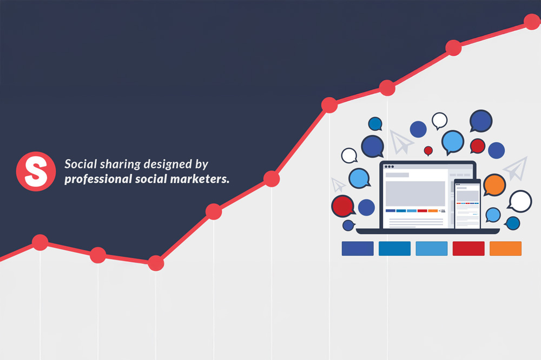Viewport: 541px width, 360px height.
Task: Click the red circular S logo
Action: (x=36, y=171)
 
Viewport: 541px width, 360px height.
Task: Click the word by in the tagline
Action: (x=201, y=165)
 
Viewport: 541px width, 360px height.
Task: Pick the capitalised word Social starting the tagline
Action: (x=81, y=164)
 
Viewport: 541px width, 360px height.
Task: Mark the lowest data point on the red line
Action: (x=156, y=263)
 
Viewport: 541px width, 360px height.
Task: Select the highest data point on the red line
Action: (x=532, y=22)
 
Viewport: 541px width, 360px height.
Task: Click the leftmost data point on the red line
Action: (x=40, y=242)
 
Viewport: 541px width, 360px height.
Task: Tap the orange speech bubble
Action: (x=494, y=185)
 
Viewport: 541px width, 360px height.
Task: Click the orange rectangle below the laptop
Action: (x=505, y=248)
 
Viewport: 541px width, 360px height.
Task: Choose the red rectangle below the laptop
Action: (x=469, y=248)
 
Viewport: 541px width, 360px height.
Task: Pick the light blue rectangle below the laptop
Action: (x=432, y=248)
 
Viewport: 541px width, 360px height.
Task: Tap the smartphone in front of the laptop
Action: (x=467, y=204)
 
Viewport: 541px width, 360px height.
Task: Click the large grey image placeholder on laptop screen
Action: (x=415, y=194)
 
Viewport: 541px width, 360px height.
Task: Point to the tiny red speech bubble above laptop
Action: (x=428, y=151)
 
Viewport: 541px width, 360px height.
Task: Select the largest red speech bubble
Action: (x=344, y=206)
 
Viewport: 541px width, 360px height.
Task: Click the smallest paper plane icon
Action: (x=338, y=184)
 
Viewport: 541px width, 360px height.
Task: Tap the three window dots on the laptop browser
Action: (x=389, y=166)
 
